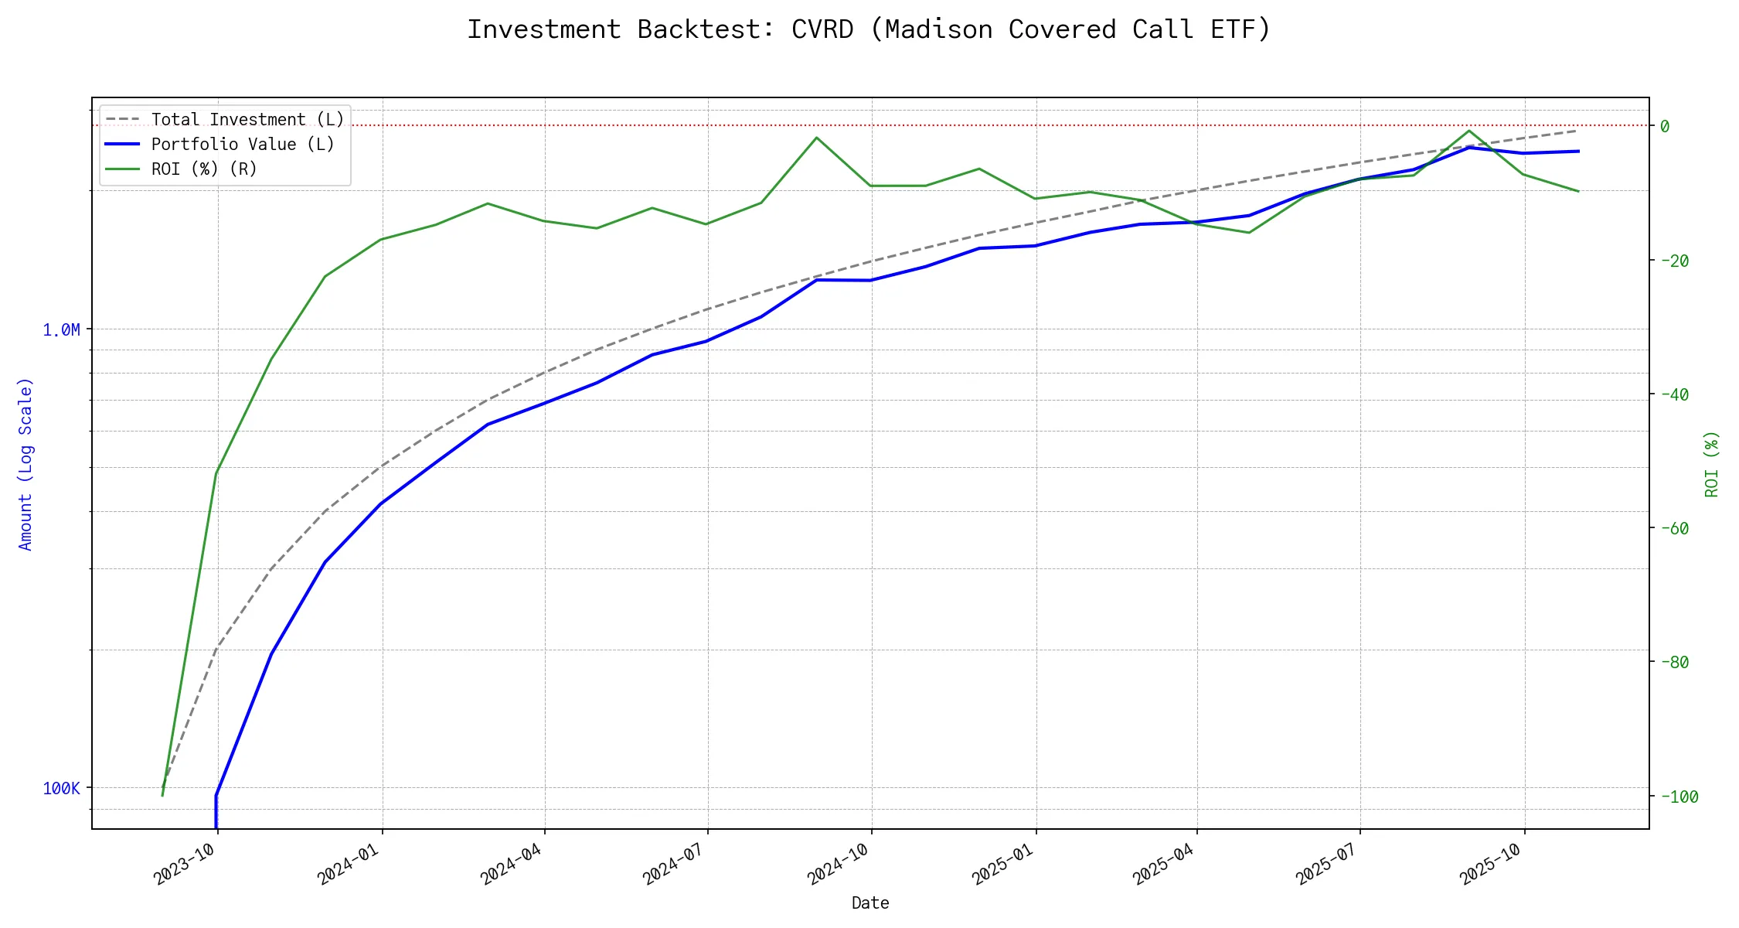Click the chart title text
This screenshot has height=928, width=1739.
[869, 29]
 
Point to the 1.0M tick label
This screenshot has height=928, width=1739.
[61, 330]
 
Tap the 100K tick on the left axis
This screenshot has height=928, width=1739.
[61, 789]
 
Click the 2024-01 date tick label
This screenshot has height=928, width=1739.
[347, 863]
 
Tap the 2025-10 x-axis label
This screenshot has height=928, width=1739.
[1489, 863]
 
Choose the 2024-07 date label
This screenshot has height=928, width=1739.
[672, 863]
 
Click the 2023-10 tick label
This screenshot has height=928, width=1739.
[183, 863]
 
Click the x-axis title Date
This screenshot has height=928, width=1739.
[870, 903]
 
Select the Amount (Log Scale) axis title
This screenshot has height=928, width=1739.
[26, 464]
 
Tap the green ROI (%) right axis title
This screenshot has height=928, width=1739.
[1712, 464]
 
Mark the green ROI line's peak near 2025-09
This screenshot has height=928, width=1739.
[1468, 130]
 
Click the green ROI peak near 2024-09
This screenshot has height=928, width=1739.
[816, 138]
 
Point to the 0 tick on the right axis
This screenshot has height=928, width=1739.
[1665, 126]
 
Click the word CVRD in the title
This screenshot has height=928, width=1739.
[822, 29]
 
